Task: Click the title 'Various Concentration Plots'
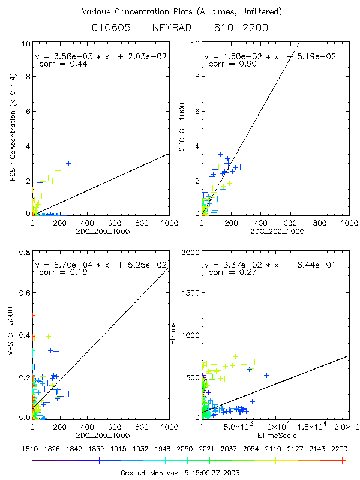click(180, 11)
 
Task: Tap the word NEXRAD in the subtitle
click(171, 28)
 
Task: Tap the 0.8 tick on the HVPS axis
click(23, 254)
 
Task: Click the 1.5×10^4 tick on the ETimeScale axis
click(312, 427)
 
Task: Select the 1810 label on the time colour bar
click(32, 448)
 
